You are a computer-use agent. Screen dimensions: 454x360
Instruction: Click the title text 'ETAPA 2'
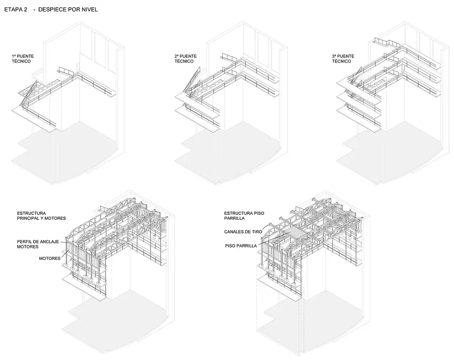point(16,9)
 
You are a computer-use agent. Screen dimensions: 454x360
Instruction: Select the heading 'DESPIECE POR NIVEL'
point(68,9)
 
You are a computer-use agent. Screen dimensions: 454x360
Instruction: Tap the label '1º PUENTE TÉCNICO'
point(23,59)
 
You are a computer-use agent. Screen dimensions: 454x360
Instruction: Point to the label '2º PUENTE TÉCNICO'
point(185,59)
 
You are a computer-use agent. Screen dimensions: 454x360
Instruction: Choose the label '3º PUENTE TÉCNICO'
point(343,59)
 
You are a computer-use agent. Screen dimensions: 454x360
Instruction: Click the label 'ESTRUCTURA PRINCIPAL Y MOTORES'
point(42,216)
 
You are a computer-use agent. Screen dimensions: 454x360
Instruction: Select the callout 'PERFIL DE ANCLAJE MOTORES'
point(38,244)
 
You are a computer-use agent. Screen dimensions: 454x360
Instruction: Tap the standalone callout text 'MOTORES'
point(50,258)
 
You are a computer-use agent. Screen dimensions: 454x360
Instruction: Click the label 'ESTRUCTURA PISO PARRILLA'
point(244,216)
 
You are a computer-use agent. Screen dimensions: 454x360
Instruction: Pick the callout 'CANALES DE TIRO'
point(243,232)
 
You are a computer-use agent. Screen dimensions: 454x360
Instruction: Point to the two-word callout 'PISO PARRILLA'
point(241,246)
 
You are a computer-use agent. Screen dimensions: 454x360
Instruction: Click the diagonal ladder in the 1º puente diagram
point(28,93)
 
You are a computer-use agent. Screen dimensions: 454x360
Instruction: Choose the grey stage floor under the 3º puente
point(391,151)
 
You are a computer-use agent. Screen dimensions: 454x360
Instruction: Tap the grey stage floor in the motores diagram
point(119,318)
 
